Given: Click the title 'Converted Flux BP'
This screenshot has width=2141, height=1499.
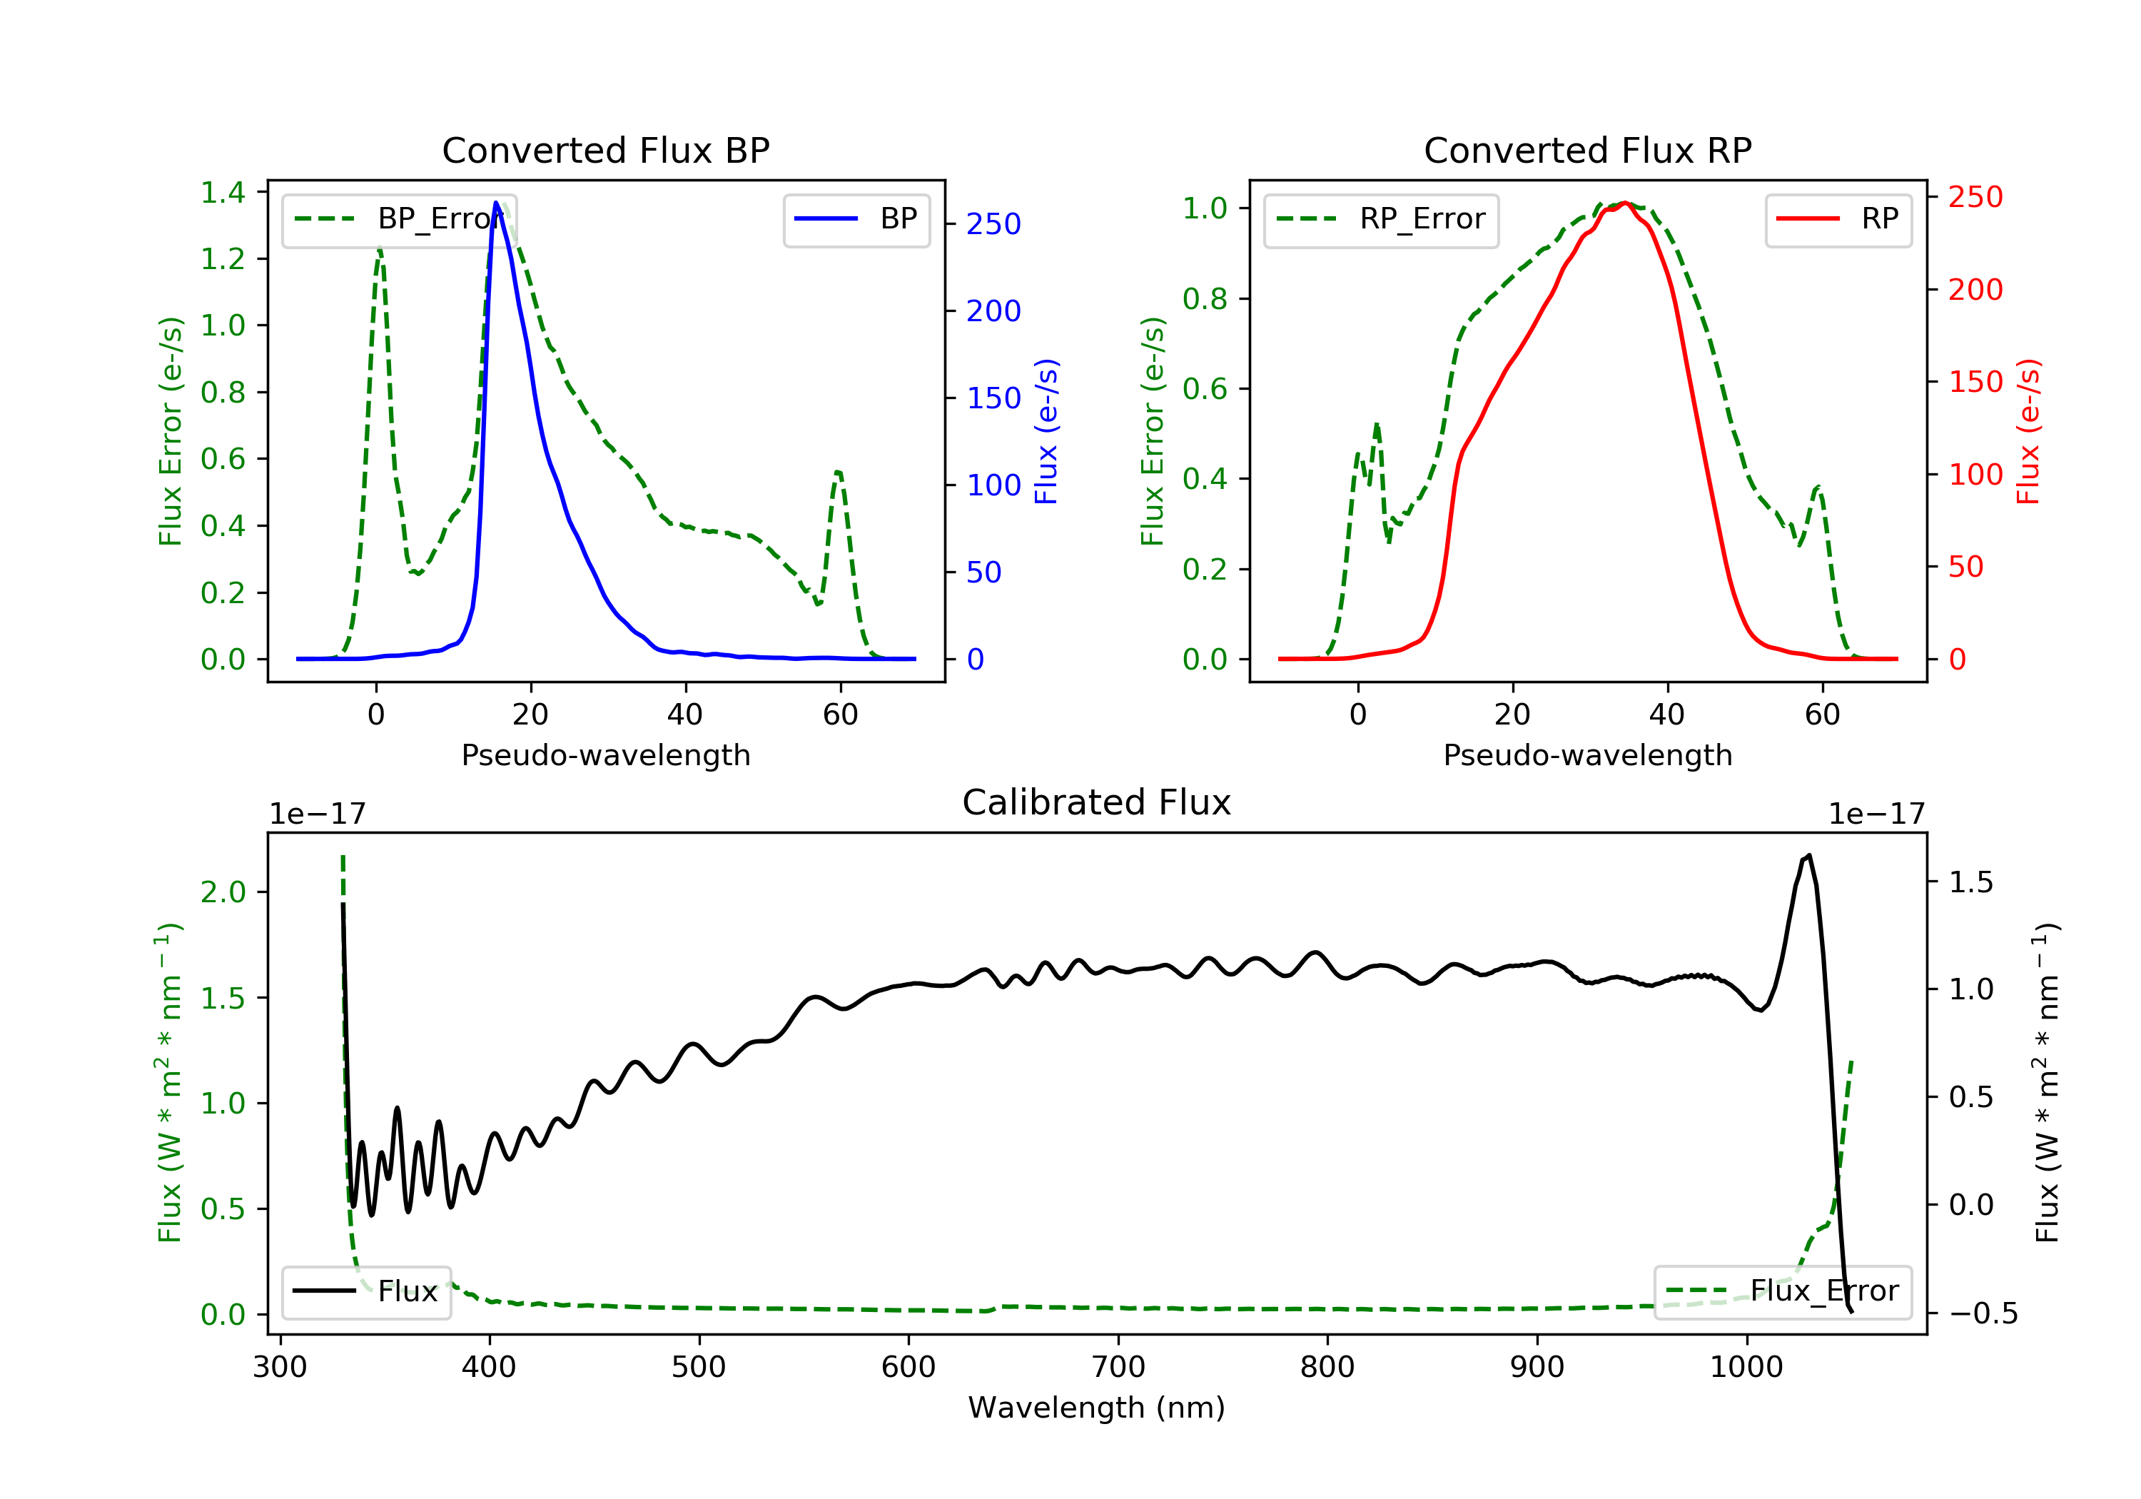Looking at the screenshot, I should coord(605,150).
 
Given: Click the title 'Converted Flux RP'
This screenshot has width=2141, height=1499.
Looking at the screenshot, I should coord(1587,150).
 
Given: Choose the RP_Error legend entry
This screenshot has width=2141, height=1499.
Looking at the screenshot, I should coord(1380,219).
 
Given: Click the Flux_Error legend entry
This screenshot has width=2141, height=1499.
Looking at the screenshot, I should coord(1782,1291).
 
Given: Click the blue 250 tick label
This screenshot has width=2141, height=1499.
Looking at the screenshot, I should coord(993,224).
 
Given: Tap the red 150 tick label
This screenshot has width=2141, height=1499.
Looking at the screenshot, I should coord(1975,381).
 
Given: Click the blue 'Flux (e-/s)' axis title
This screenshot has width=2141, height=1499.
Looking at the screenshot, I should coord(1046,431).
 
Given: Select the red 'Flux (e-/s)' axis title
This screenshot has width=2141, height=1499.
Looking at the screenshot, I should coord(2028,431).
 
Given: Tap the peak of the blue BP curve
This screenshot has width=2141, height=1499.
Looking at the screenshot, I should coord(496,203).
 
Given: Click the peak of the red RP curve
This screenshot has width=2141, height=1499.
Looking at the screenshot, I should coord(1624,203).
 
